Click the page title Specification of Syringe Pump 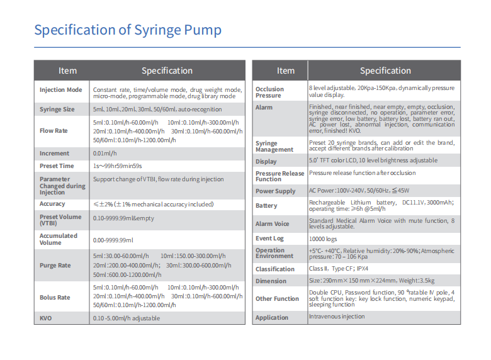(x=127, y=30)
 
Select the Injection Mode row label (x=60, y=90)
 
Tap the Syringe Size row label (x=57, y=110)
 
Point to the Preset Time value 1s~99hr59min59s (x=118, y=166)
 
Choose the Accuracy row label (x=52, y=204)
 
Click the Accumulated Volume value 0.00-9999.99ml (x=113, y=240)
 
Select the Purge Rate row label (x=55, y=265)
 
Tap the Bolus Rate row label (x=55, y=297)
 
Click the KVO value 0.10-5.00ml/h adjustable (x=126, y=318)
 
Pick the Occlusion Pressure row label (x=269, y=93)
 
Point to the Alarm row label (x=264, y=108)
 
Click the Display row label (x=266, y=162)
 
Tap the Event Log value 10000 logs (x=323, y=239)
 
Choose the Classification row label (x=274, y=269)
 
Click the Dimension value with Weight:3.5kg (x=371, y=281)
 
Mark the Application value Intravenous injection (x=336, y=317)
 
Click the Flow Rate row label (x=54, y=131)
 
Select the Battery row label (x=266, y=206)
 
